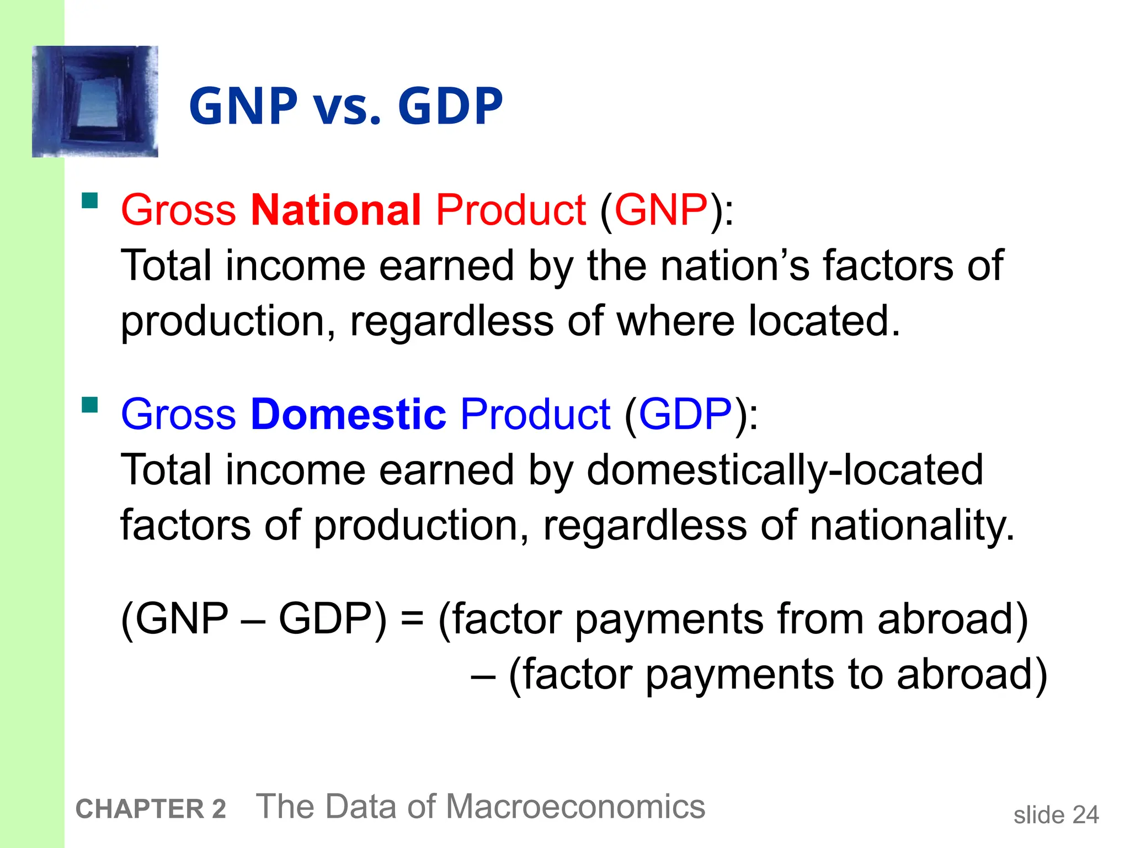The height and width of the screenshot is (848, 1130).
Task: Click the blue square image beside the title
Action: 95,102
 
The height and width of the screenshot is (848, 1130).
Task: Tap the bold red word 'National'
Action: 335,210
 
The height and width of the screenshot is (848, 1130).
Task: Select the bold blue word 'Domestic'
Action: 348,414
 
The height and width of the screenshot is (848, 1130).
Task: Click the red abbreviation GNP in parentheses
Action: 660,210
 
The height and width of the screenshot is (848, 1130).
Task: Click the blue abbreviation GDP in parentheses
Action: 685,414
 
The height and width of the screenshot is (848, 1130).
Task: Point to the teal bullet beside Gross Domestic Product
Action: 89,405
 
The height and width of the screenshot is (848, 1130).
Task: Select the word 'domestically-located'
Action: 785,470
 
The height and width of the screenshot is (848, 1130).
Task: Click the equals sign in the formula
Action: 412,618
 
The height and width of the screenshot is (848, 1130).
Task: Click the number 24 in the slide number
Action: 1085,815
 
